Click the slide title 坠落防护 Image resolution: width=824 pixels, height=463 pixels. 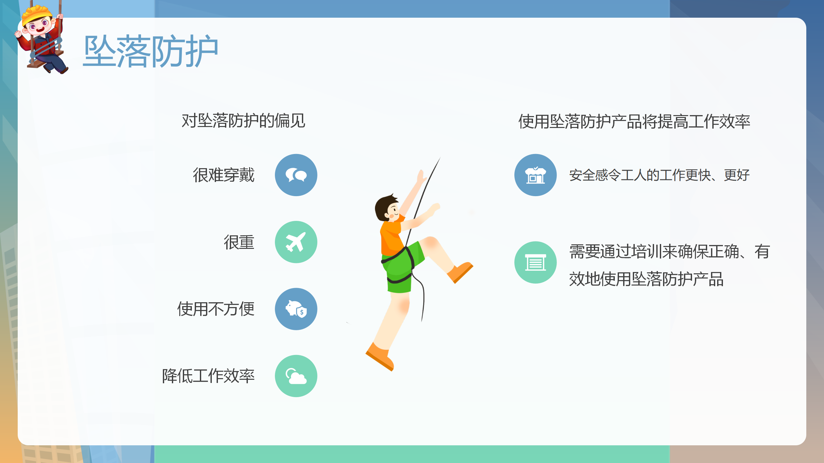click(151, 51)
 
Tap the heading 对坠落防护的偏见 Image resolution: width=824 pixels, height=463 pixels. click(243, 121)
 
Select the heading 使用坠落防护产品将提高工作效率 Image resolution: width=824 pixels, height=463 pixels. click(634, 122)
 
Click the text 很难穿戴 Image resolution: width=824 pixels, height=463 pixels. click(224, 175)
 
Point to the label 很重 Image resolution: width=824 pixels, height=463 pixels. click(239, 242)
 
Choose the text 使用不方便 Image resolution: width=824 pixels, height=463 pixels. click(216, 309)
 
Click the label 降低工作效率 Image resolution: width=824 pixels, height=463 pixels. click(208, 376)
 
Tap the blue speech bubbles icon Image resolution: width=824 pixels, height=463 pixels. click(296, 175)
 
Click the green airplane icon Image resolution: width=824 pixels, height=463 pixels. click(296, 242)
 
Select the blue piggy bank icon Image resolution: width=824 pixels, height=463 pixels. click(296, 309)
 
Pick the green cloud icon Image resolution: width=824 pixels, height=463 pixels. click(296, 376)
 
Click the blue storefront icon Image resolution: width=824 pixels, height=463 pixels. click(536, 175)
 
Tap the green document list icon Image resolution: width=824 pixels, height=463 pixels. click(536, 262)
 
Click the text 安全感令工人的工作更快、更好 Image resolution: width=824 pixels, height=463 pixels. click(660, 175)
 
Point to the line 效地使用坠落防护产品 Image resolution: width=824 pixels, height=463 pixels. click(646, 279)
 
